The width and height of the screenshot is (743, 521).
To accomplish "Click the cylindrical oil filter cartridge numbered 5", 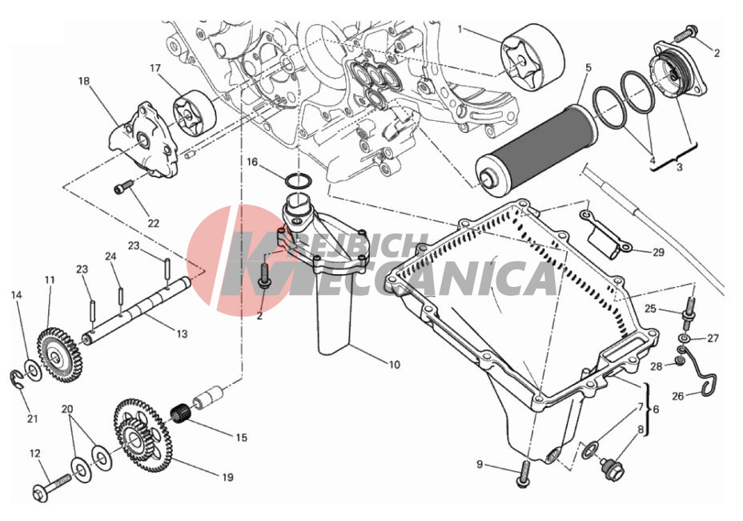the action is (536, 147).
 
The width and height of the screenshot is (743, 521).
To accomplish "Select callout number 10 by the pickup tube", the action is (394, 365).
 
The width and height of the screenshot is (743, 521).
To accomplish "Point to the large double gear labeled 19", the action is (141, 435).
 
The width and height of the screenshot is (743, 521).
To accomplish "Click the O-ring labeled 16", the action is (299, 181).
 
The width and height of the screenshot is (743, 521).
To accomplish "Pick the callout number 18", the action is (84, 81).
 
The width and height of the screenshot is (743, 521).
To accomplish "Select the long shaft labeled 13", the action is (137, 309).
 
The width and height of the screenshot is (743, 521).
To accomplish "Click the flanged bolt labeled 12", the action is (52, 487).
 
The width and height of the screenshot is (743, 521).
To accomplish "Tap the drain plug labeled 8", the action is (612, 467).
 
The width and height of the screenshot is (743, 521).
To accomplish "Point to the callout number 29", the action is (658, 252).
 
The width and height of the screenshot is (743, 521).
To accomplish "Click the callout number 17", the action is (155, 68).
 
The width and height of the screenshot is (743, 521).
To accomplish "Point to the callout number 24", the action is (110, 256).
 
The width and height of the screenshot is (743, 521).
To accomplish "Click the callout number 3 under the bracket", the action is (679, 167).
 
